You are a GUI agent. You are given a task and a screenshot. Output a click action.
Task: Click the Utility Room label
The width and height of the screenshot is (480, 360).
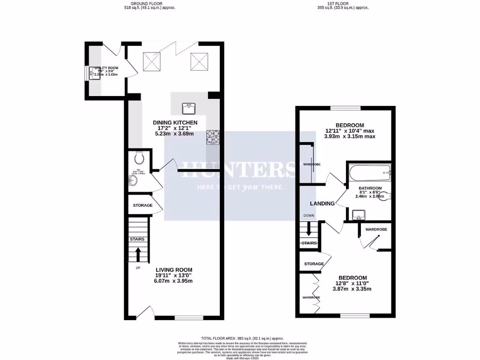pyautogui.click(x=106, y=68)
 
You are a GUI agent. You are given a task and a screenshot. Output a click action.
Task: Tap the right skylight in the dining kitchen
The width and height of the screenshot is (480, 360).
pyautogui.click(x=198, y=61)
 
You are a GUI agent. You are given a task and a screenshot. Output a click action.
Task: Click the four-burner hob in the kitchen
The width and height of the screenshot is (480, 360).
pyautogui.click(x=213, y=136)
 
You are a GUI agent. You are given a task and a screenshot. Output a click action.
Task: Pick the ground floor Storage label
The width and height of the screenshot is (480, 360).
pyautogui.click(x=142, y=206)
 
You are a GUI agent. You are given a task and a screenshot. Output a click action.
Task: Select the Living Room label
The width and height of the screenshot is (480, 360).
pyautogui.click(x=174, y=270)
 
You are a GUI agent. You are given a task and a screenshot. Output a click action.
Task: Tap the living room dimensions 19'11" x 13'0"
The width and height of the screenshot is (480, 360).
pyautogui.click(x=174, y=276)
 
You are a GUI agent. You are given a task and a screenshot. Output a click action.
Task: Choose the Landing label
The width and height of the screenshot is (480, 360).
pyautogui.click(x=322, y=203)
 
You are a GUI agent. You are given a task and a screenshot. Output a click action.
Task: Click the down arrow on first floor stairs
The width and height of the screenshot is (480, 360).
pyautogui.click(x=308, y=230)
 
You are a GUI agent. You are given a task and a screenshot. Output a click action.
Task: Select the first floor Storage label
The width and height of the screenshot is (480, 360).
pyautogui.click(x=314, y=264)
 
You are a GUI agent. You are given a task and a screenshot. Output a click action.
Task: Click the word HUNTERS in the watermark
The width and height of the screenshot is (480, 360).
pyautogui.click(x=233, y=169)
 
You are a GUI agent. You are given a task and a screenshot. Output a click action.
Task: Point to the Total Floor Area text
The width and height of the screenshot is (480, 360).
pyautogui.click(x=242, y=338)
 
